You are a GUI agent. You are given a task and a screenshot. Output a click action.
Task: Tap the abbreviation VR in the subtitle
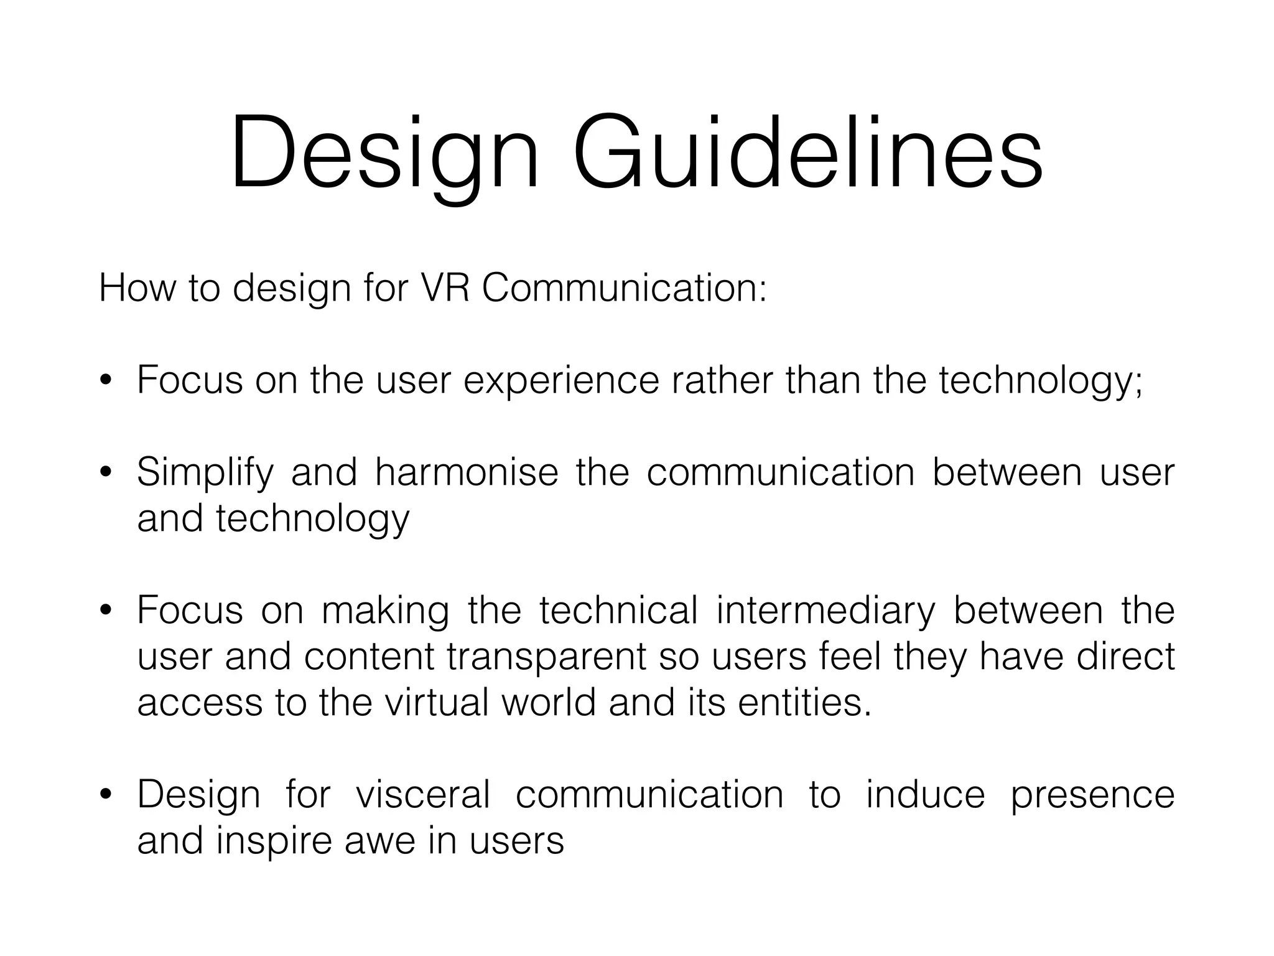(x=444, y=288)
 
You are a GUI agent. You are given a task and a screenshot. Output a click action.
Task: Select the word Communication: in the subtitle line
(x=624, y=288)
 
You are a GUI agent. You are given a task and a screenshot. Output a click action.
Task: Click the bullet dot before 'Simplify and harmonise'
(x=105, y=472)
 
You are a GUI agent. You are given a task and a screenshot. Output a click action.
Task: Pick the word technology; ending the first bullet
(x=1040, y=381)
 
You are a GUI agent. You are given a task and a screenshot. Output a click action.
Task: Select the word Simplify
(x=205, y=473)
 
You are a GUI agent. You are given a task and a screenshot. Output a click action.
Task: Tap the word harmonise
(x=467, y=472)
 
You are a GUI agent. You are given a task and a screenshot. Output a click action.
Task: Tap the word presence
(x=1092, y=795)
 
